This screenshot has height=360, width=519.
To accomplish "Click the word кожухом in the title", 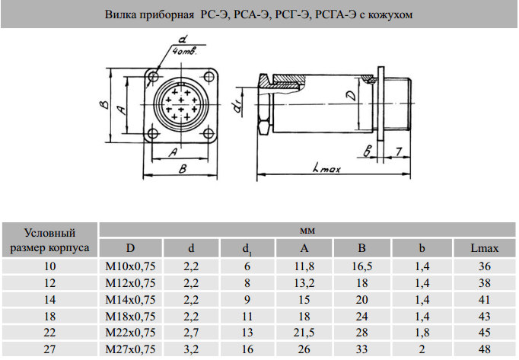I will coord(393,15).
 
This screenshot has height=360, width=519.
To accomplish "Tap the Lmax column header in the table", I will coord(484,248).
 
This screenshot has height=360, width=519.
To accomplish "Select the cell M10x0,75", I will coord(130,266).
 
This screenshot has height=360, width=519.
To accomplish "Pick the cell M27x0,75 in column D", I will coord(130,350).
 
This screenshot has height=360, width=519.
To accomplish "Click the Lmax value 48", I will coord(484,350).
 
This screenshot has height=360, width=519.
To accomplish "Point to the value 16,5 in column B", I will coord(363,266).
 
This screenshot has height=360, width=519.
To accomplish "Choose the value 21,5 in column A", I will coord(304,333).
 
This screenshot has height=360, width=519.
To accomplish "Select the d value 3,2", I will coord(190,350).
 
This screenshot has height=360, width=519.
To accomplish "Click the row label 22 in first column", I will coord(50,333).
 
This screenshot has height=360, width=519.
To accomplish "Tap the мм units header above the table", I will coord(307,230).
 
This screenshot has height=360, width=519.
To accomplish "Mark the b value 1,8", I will coord(422,333).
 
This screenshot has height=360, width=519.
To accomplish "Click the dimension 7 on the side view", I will coord(399,151).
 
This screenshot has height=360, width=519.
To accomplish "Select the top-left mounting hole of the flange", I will coord(154,76).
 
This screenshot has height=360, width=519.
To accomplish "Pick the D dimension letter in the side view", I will coord(349,95).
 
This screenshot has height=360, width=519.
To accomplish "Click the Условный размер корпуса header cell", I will coord(50,240).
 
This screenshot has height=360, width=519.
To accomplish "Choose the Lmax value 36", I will coord(484,266).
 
